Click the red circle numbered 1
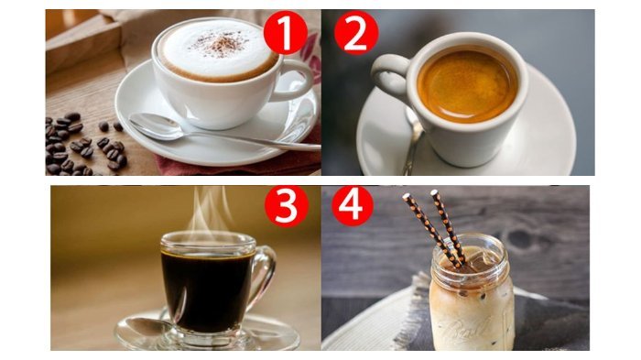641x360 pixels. pos(286,32)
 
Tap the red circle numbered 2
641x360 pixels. pos(356,33)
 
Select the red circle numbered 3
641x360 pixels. pos(286,206)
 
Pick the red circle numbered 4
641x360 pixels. pos(353,206)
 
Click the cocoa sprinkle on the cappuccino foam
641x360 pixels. pos(222,43)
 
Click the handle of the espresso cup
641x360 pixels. pos(389,78)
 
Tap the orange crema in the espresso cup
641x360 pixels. pos(468,85)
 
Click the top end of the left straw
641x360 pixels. pos(407,197)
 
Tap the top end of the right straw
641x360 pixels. pos(435,193)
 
